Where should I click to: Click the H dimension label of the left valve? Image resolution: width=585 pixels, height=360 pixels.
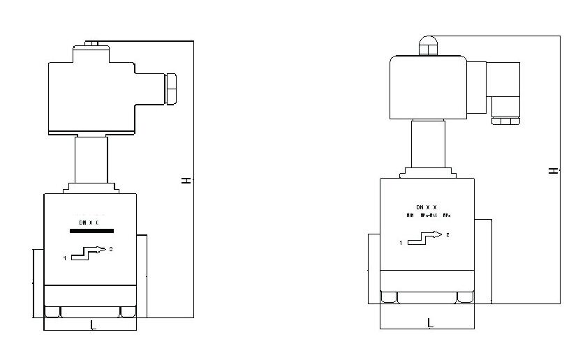point(186,180)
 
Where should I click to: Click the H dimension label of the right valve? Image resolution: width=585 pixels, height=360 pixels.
point(553,170)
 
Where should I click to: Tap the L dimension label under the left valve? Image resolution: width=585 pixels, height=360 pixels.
point(93,324)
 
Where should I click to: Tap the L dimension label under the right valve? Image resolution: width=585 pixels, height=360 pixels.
point(430,322)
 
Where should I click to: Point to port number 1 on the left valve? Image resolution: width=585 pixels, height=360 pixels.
point(64,258)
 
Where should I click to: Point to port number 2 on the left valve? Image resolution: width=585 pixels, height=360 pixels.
point(112,248)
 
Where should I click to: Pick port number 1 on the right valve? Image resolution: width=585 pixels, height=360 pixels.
point(401,243)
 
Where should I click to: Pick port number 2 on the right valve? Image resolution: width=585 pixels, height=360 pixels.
point(447,234)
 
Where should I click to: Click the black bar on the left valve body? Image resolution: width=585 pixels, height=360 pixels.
point(92,230)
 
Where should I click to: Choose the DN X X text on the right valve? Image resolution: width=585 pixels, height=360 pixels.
point(426,207)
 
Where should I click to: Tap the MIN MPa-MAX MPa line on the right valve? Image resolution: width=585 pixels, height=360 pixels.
point(428,216)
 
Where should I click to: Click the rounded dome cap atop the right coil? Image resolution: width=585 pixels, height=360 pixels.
point(427,45)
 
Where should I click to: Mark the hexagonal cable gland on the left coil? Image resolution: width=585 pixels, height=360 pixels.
point(170,87)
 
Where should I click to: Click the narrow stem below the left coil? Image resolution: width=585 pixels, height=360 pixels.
point(91,160)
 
